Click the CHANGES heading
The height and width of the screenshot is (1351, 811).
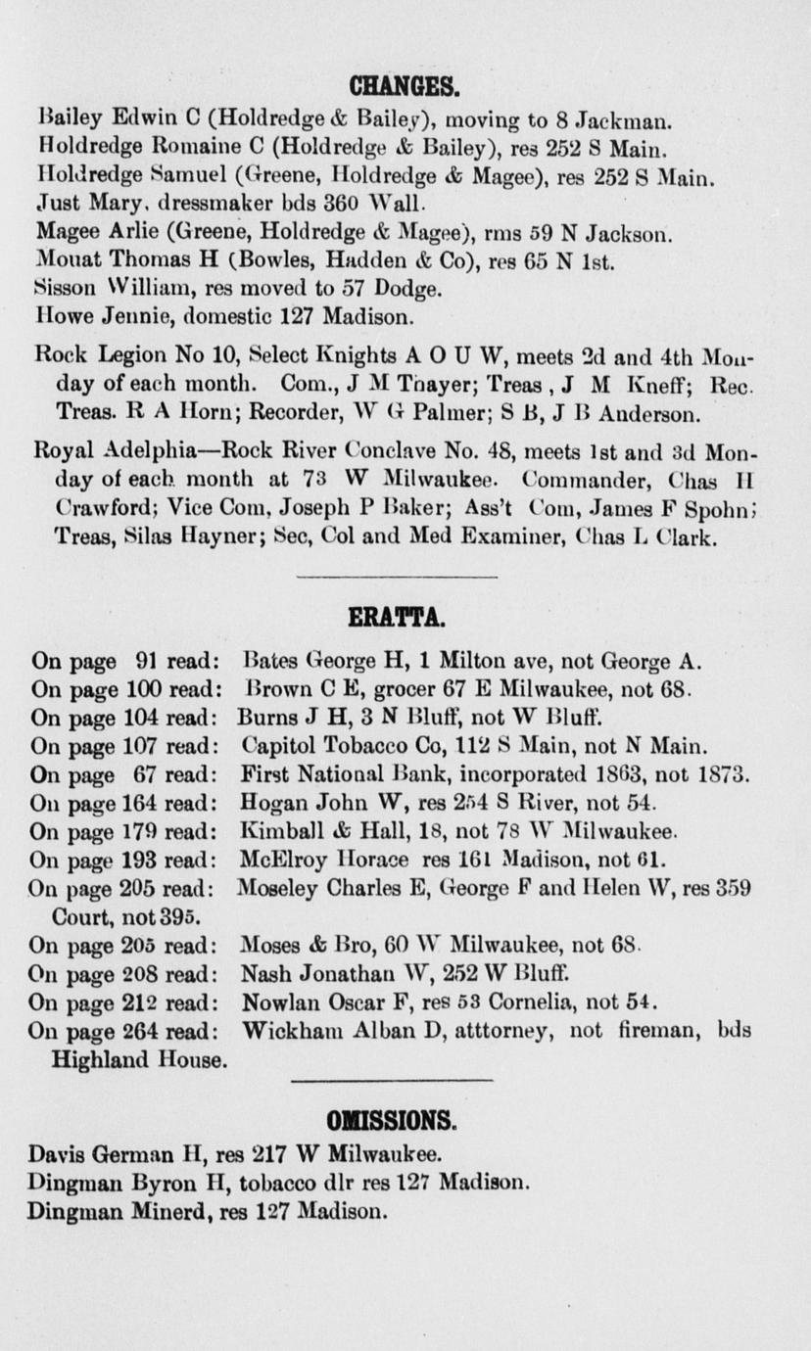tap(405, 89)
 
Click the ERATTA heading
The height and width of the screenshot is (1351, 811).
tap(398, 618)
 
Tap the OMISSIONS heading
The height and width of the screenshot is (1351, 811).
tap(393, 1120)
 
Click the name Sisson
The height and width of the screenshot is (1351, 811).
tap(62, 290)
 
